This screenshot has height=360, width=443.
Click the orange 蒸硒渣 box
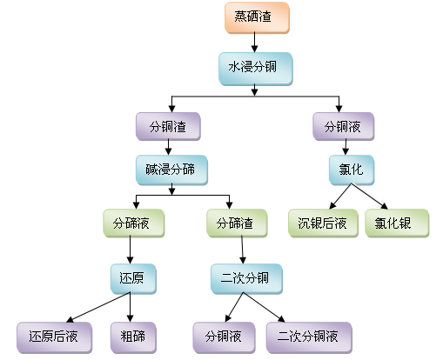(x=253, y=17)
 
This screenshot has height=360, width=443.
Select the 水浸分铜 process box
(x=254, y=66)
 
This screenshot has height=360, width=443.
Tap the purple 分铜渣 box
(x=169, y=126)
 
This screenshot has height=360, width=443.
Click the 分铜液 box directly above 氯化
(x=345, y=126)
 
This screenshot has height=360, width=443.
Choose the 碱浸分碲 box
(x=171, y=169)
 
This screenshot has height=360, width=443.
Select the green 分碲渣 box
(x=237, y=224)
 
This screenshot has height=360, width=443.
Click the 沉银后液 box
(x=322, y=224)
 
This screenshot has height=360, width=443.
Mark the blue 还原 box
(x=131, y=279)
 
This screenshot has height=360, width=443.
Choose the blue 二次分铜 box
(x=245, y=279)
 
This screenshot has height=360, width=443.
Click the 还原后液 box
(x=53, y=336)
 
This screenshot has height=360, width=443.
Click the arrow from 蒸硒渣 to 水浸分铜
(x=253, y=41)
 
